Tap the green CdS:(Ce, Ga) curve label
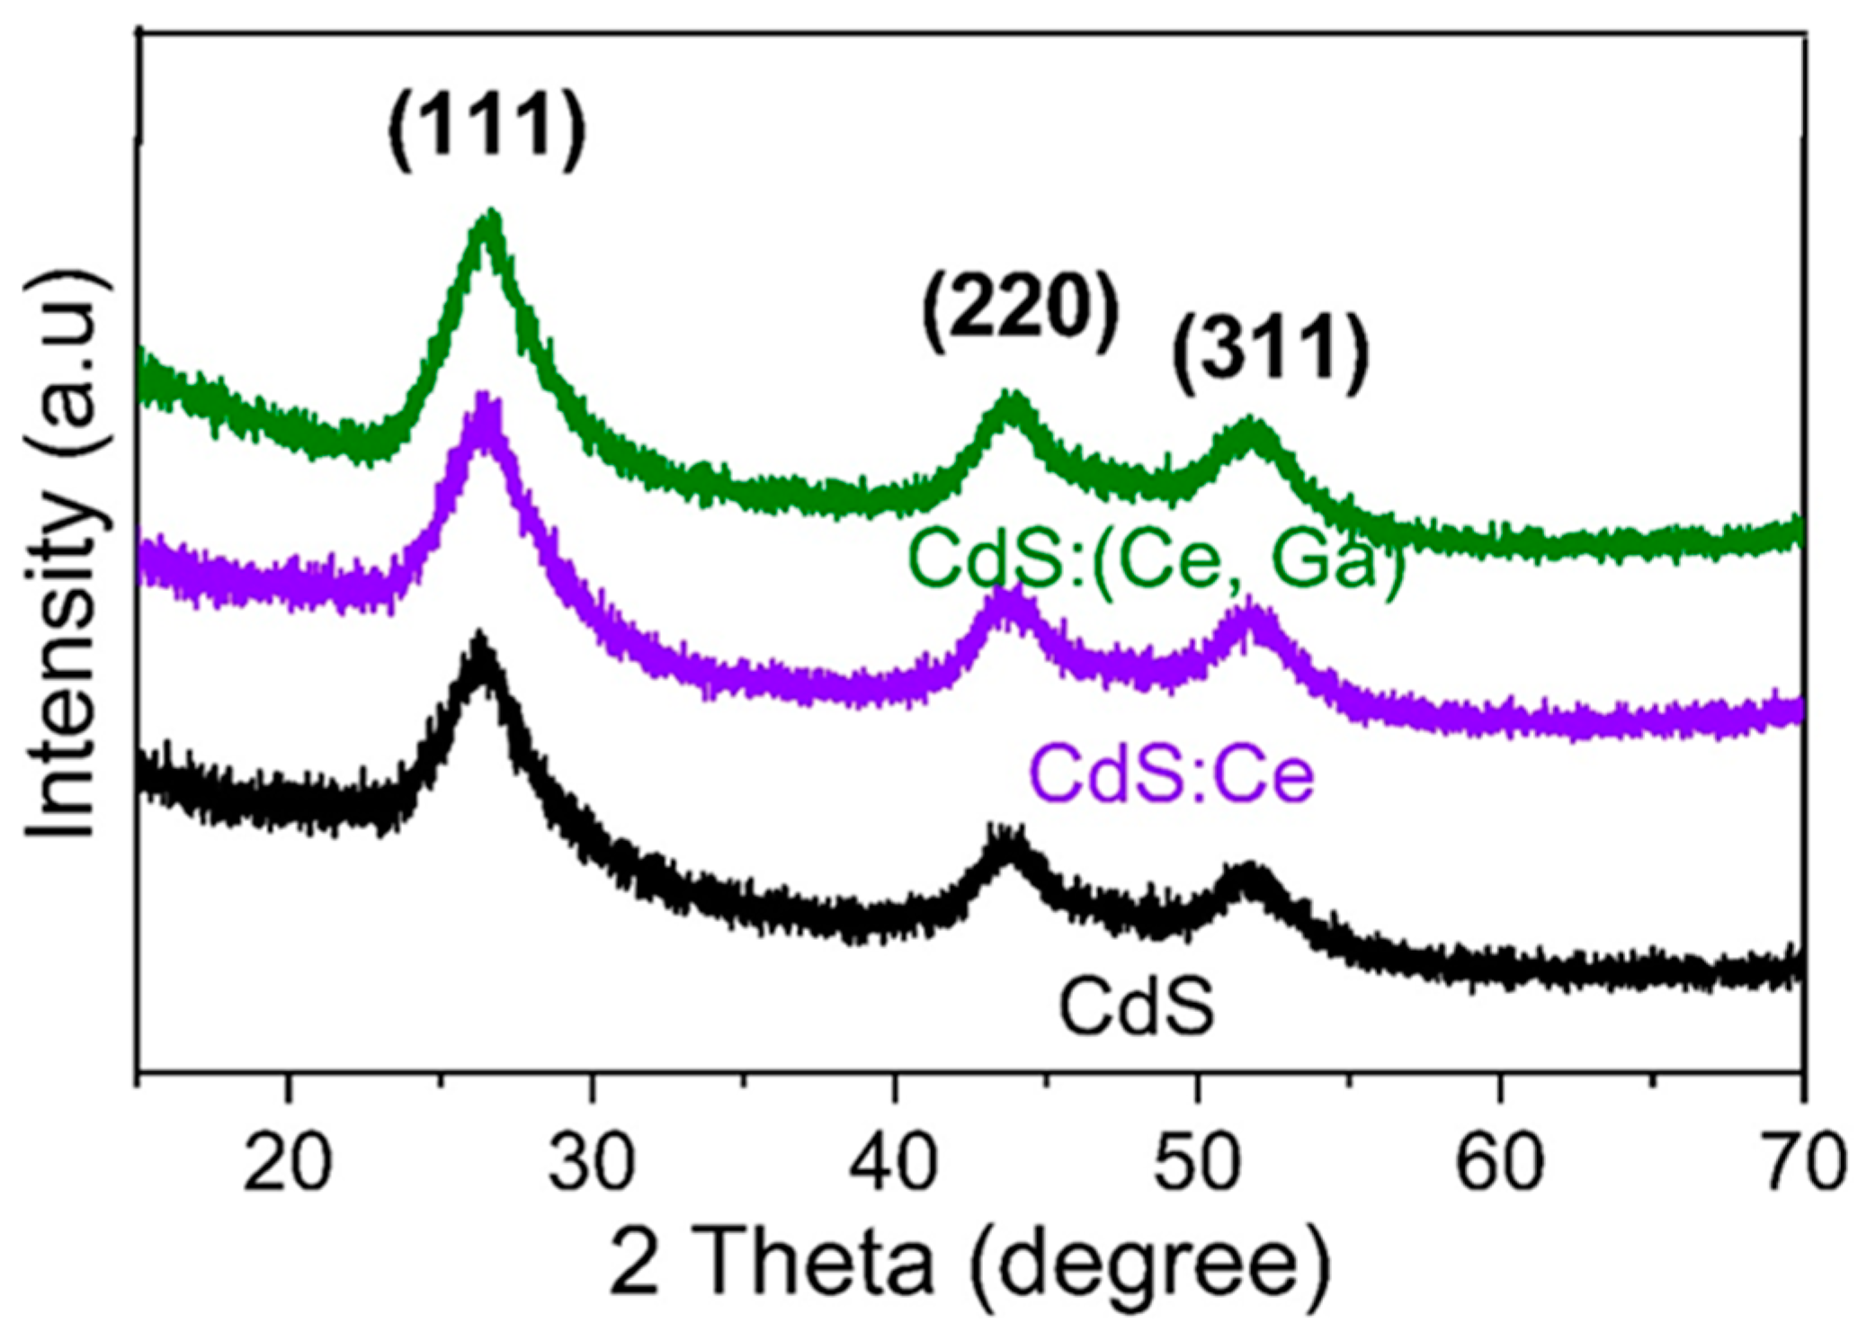[x=1157, y=559]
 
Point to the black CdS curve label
[x=1137, y=1006]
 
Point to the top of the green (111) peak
[x=491, y=216]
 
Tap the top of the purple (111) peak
[x=487, y=400]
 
